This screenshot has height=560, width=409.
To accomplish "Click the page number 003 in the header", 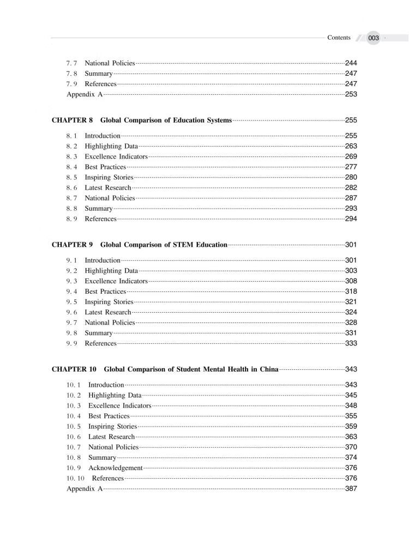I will click(x=374, y=38).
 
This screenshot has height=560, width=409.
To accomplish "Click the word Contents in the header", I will click(x=339, y=38).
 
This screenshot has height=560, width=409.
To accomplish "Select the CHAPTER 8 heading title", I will click(x=166, y=120).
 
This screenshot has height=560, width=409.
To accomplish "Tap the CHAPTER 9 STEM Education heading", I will click(x=164, y=245).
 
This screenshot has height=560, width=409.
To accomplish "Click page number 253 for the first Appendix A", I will click(x=351, y=94).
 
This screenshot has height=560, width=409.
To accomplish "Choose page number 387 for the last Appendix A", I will click(x=351, y=489).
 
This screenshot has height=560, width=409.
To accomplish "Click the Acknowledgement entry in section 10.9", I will click(x=115, y=468).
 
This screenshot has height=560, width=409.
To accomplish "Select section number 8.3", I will click(x=72, y=156).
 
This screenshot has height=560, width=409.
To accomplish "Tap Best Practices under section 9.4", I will click(x=105, y=291).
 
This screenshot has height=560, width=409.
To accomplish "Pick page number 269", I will click(x=351, y=156).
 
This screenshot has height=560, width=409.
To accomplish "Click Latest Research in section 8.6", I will click(x=108, y=188).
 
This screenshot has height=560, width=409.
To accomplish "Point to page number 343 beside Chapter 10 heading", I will click(x=351, y=369).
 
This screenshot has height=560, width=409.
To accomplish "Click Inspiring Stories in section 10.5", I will click(x=112, y=427).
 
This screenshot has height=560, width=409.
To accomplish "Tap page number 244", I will click(x=351, y=63).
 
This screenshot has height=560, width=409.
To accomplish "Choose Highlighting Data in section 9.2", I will click(x=111, y=271).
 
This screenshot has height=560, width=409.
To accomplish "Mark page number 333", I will click(x=351, y=343).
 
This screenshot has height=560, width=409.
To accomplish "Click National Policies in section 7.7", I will click(x=110, y=63).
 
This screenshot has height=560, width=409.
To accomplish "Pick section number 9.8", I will click(x=72, y=333).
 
